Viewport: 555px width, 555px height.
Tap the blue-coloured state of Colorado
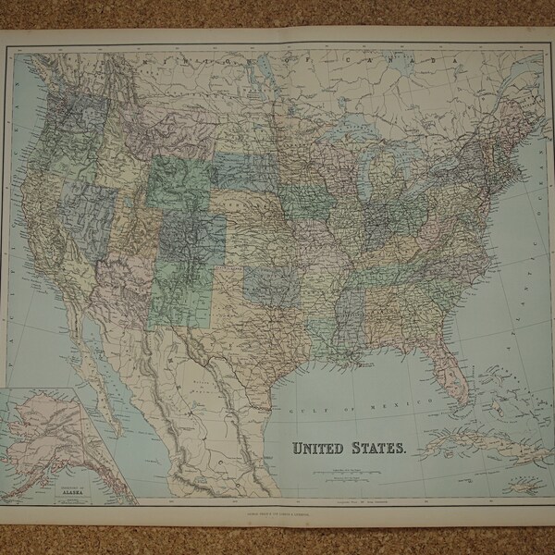click(x=193, y=236)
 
